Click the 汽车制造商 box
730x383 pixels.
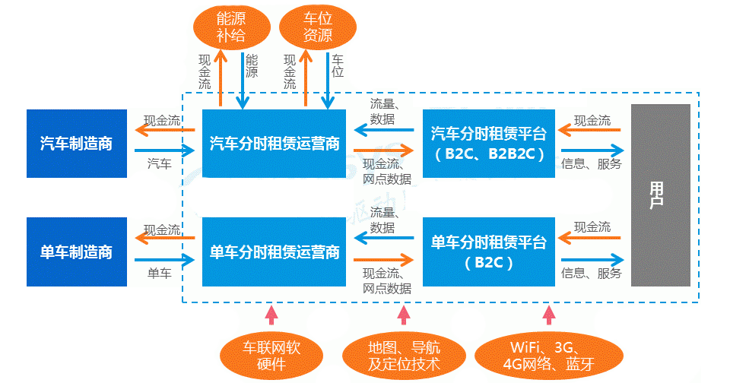(76, 144)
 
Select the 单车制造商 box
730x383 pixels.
(76, 252)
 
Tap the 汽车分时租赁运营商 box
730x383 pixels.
(274, 144)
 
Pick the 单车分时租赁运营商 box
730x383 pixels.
(274, 252)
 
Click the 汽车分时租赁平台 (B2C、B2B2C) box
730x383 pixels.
(488, 144)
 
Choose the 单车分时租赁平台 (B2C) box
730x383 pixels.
(488, 252)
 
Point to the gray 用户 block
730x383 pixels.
(660, 195)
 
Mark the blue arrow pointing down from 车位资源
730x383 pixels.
(328, 80)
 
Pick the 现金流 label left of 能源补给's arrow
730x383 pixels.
(205, 72)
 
